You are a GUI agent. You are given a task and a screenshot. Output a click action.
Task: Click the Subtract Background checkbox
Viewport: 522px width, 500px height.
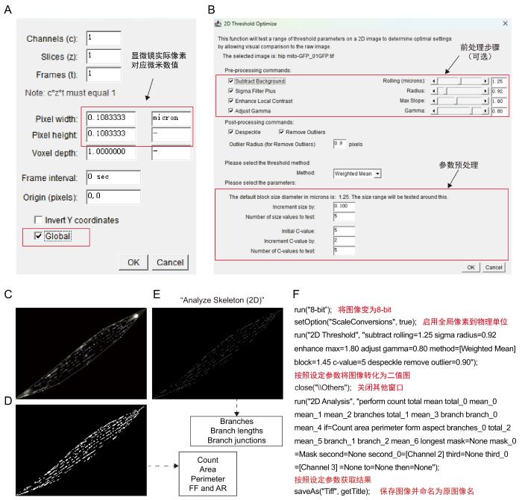[230, 80]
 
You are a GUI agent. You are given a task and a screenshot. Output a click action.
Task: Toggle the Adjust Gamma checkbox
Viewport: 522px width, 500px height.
[230, 110]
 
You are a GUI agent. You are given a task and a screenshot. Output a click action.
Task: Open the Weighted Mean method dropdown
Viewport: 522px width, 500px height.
[356, 173]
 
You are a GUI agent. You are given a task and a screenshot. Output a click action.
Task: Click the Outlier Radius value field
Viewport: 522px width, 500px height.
[339, 142]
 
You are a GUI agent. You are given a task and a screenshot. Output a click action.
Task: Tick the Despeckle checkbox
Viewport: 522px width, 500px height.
[230, 131]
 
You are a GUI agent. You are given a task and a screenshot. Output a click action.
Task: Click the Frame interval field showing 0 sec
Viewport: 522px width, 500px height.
[113, 177]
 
